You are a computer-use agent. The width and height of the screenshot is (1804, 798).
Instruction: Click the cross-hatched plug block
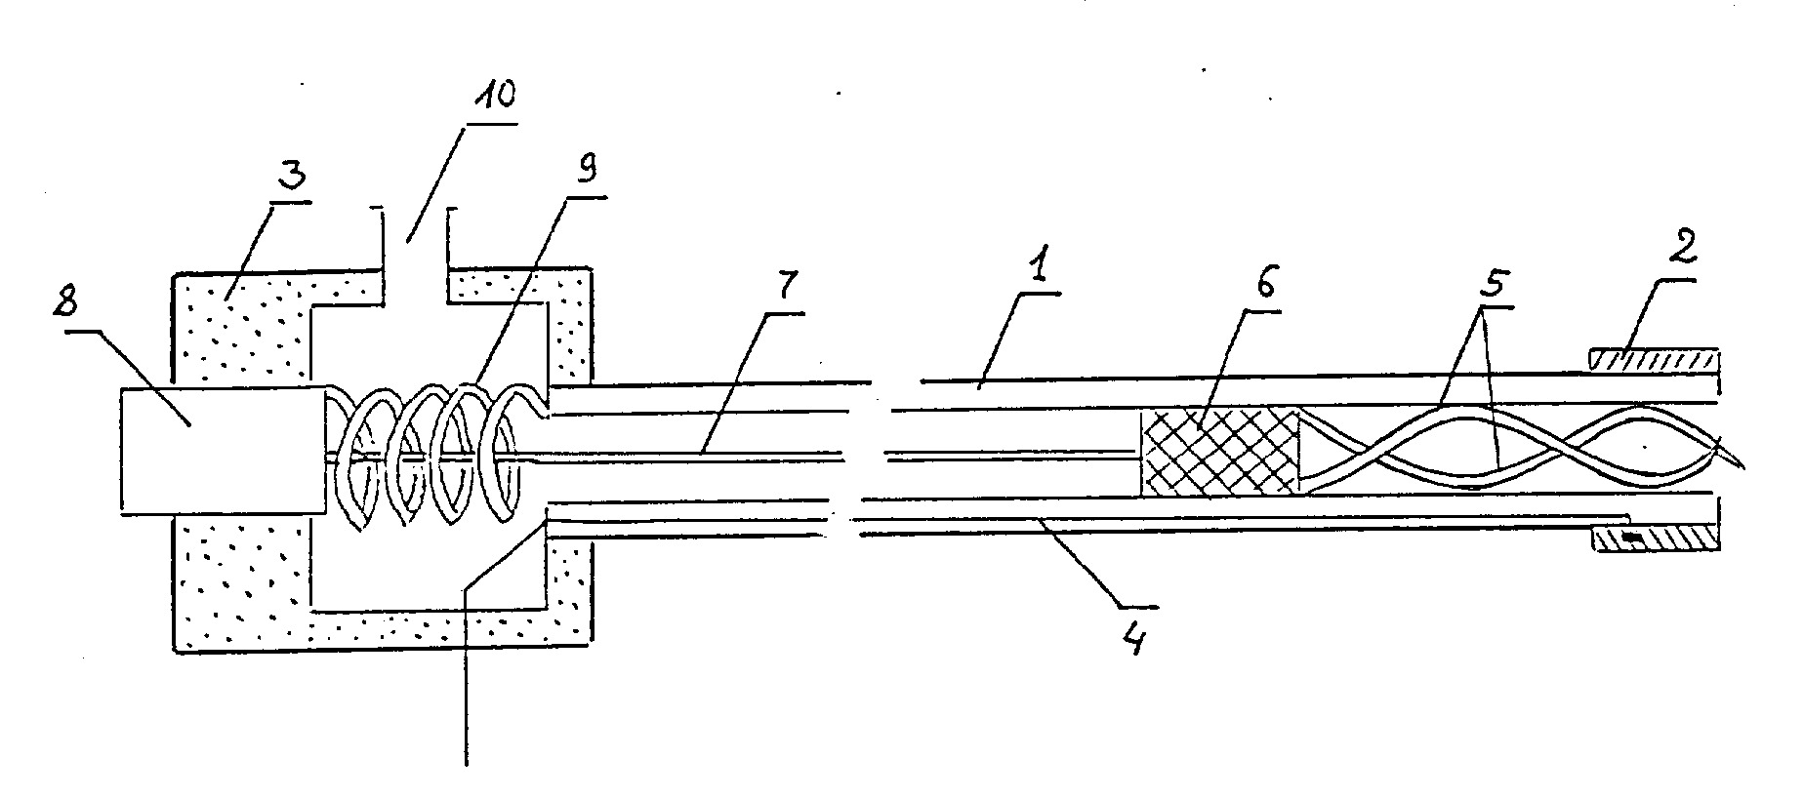(1220, 454)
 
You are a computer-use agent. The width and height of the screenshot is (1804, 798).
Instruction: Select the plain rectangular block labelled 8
(222, 450)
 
